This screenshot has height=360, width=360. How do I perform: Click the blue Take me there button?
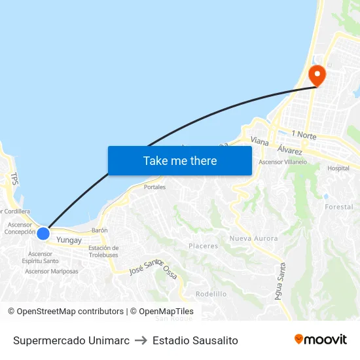180,160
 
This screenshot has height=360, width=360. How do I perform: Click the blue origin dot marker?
43,233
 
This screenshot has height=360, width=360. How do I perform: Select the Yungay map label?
69,240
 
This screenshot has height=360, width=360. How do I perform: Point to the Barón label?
99,230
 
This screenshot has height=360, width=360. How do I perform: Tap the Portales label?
154,187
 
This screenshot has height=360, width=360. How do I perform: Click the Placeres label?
203,246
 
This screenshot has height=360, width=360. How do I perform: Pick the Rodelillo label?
211,294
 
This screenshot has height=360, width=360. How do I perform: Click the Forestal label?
338,207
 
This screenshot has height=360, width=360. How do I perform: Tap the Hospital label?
338,168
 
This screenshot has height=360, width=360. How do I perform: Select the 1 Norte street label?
304,135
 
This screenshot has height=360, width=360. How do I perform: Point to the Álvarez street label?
289,150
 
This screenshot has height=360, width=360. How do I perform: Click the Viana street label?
259,140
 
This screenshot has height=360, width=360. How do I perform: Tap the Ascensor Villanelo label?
283,162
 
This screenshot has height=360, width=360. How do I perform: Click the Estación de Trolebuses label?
103,251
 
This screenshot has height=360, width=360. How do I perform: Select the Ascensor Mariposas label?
52,271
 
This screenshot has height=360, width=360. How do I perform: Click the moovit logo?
320,340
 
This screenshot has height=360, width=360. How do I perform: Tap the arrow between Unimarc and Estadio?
141,340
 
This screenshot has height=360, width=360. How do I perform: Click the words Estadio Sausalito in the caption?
195,340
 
